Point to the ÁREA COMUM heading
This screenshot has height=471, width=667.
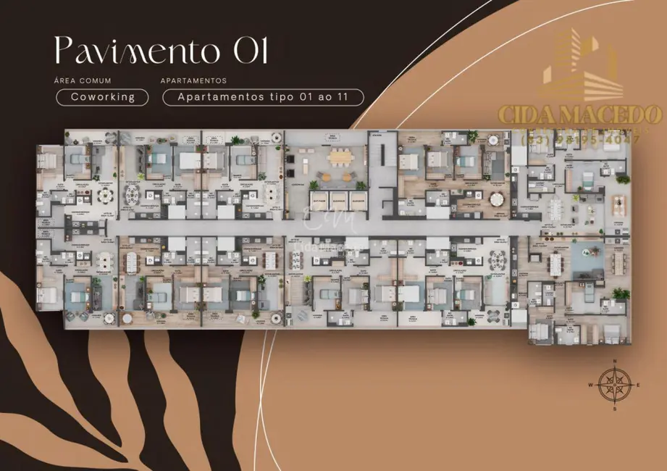(83, 81)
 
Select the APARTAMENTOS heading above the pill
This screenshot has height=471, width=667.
(194, 81)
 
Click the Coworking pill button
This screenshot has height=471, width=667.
(102, 97)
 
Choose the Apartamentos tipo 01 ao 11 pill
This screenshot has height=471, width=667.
(263, 97)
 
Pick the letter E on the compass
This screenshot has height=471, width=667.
(639, 384)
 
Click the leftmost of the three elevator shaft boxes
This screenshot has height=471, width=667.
(318, 200)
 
